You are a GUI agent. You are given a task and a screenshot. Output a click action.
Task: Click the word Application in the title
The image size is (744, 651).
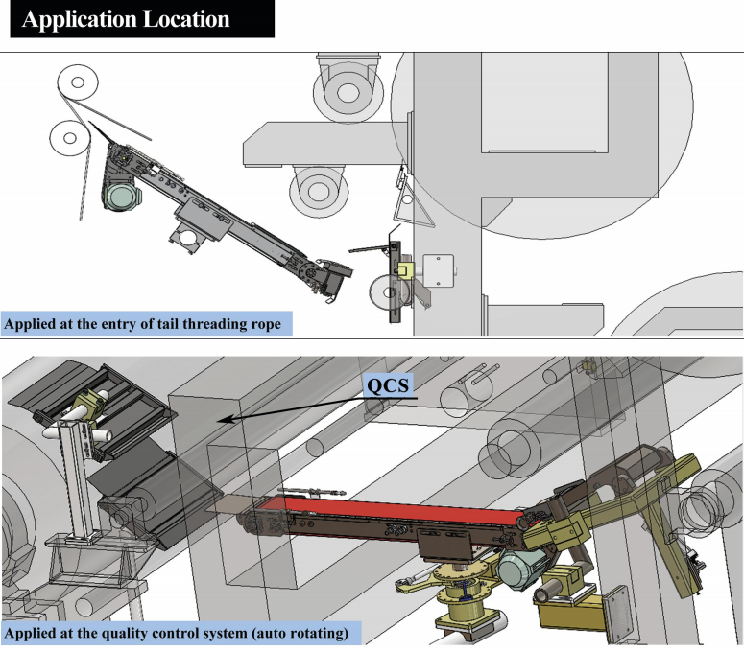click(x=80, y=19)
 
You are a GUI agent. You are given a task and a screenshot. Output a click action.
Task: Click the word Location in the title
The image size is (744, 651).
click(x=186, y=19)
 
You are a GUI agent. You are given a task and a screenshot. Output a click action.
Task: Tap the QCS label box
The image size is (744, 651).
click(x=388, y=385)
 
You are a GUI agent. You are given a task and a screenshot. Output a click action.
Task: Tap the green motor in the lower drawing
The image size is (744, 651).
click(x=517, y=570)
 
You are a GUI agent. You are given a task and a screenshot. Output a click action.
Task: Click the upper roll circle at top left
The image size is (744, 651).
click(x=78, y=82)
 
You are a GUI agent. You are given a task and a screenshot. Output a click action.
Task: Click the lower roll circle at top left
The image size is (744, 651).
click(x=70, y=138)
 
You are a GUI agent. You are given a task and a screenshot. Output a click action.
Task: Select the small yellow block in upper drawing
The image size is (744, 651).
click(x=405, y=270)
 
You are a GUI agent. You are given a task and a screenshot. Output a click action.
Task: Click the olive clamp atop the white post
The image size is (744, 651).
click(x=91, y=405)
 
